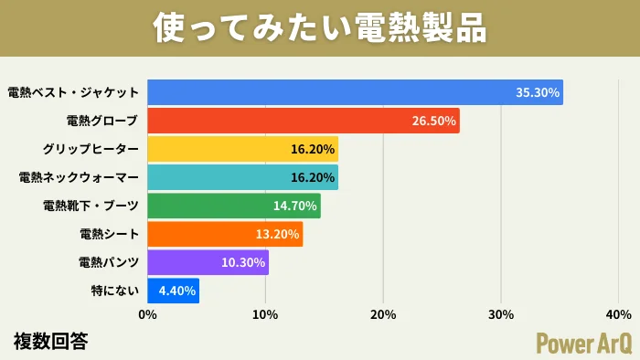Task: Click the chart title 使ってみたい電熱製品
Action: [x=320, y=27]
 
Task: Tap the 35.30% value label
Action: [x=538, y=92]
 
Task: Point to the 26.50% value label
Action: [x=434, y=121]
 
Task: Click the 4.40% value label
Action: [x=176, y=291]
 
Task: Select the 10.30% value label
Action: [x=243, y=262]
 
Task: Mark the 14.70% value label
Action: [x=294, y=206]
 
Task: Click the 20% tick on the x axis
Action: [x=383, y=315]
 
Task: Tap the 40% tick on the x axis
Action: [x=619, y=315]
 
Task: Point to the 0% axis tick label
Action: [x=147, y=315]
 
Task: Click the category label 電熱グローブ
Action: [x=103, y=121]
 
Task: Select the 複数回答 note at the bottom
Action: [x=51, y=341]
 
